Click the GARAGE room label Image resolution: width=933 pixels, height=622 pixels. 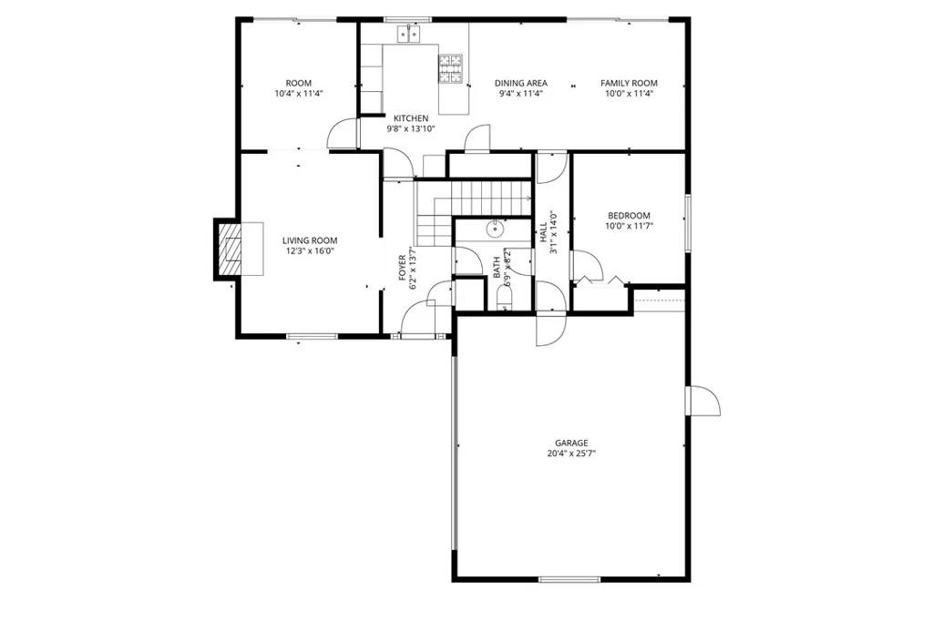[x=571, y=443]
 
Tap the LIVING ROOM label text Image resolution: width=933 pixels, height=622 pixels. [x=309, y=240]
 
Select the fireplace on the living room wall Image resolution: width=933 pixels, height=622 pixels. [x=230, y=248]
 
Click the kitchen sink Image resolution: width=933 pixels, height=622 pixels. [x=408, y=35]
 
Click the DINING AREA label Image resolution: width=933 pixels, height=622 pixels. [x=520, y=83]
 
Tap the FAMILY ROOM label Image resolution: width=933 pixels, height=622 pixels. [x=629, y=83]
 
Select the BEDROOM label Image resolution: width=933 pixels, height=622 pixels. [x=629, y=216]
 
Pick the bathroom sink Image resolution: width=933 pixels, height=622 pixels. [x=493, y=227]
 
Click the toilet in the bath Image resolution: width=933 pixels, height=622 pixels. [x=507, y=300]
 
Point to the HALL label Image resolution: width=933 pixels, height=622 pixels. [x=543, y=229]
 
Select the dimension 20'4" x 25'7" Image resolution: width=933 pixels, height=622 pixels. [x=571, y=454]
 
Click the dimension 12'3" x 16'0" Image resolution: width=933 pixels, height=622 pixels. [x=309, y=251]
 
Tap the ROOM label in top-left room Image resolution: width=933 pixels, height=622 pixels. [x=298, y=83]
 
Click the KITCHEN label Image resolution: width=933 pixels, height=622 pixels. [x=410, y=118]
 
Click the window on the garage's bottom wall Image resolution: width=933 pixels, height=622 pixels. [x=569, y=579]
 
